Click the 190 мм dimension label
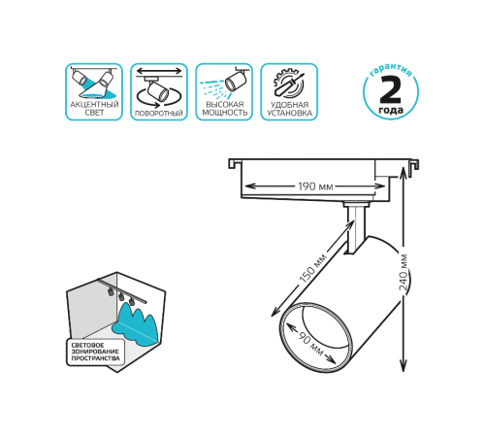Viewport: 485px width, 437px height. [x=315, y=186]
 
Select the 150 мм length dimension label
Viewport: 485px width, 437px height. [x=312, y=269]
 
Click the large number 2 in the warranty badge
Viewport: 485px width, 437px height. [x=391, y=89]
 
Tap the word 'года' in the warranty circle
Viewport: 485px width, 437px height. [x=391, y=110]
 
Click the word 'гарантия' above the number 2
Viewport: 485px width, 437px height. [x=391, y=70]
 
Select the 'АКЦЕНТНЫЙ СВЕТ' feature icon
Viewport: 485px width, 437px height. [x=94, y=92]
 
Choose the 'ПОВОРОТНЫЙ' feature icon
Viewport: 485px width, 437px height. [x=159, y=92]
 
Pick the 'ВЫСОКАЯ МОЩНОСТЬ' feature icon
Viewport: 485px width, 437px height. [x=224, y=92]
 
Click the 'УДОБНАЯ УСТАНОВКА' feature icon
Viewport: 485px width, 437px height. [x=289, y=92]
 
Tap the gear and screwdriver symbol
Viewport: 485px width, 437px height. [x=289, y=84]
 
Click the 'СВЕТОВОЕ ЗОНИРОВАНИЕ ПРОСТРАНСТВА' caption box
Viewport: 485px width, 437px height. [x=95, y=352]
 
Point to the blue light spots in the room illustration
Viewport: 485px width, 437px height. [x=136, y=325]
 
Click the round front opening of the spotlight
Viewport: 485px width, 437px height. [x=315, y=337]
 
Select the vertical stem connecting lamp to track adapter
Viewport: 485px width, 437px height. [x=356, y=228]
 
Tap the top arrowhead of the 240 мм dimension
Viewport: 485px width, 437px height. [x=403, y=172]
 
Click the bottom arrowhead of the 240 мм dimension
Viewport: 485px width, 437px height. [x=403, y=367]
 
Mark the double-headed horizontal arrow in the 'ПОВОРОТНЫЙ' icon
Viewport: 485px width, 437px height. [x=159, y=71]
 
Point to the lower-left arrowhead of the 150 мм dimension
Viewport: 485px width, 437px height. [x=275, y=312]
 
